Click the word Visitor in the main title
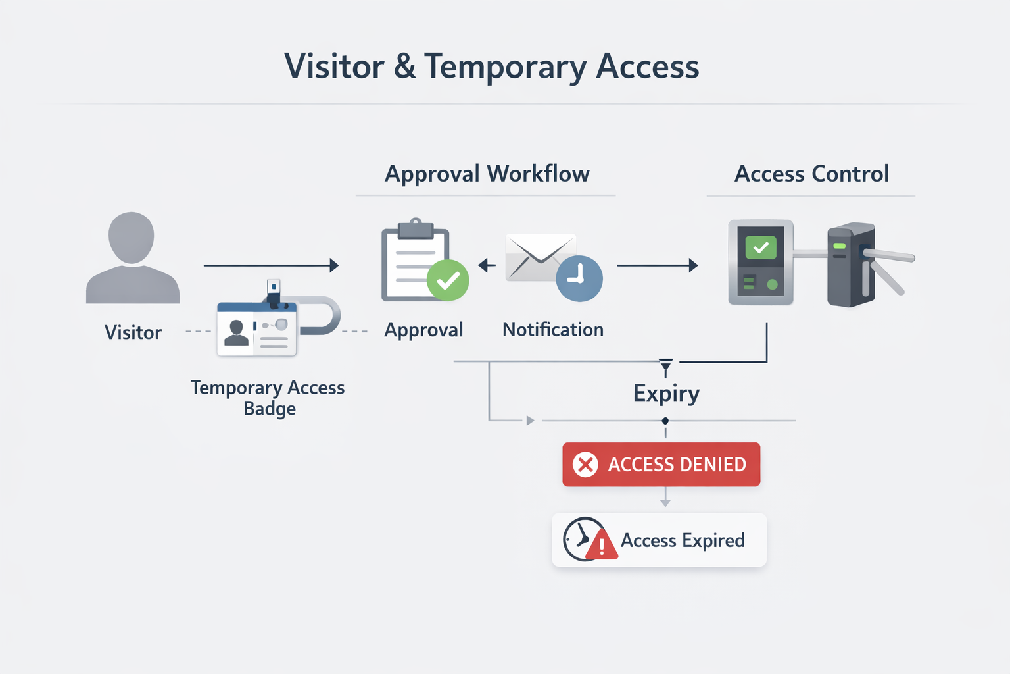[334, 66]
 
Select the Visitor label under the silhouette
[133, 332]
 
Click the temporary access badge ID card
[257, 329]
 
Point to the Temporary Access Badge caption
[268, 398]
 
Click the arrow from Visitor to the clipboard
[271, 265]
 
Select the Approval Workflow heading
[487, 174]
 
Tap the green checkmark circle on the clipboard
[448, 280]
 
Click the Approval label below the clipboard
[423, 330]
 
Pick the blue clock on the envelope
[579, 278]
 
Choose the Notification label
[553, 330]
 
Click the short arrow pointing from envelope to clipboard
[487, 265]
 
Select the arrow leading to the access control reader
[657, 265]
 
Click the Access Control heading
[811, 174]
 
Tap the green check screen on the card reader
[761, 247]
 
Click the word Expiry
[666, 394]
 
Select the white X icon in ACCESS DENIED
[585, 465]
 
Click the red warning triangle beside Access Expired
[602, 546]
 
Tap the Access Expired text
[683, 540]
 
